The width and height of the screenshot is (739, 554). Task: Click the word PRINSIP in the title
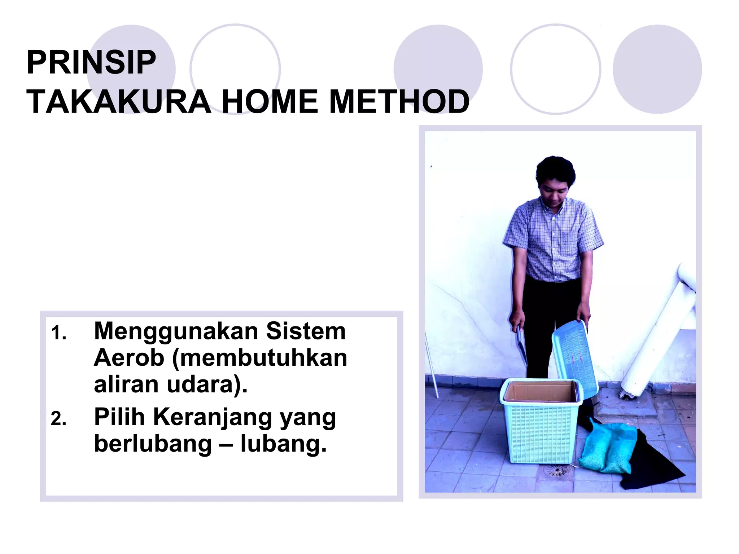pos(91,63)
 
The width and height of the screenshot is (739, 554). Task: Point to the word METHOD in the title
pos(399,102)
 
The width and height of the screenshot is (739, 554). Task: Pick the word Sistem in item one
pos(306,331)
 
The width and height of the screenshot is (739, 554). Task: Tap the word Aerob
pos(129,358)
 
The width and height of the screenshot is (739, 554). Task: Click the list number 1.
pos(58,333)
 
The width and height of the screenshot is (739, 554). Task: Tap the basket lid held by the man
pos(574,357)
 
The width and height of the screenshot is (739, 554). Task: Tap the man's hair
pos(555,170)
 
